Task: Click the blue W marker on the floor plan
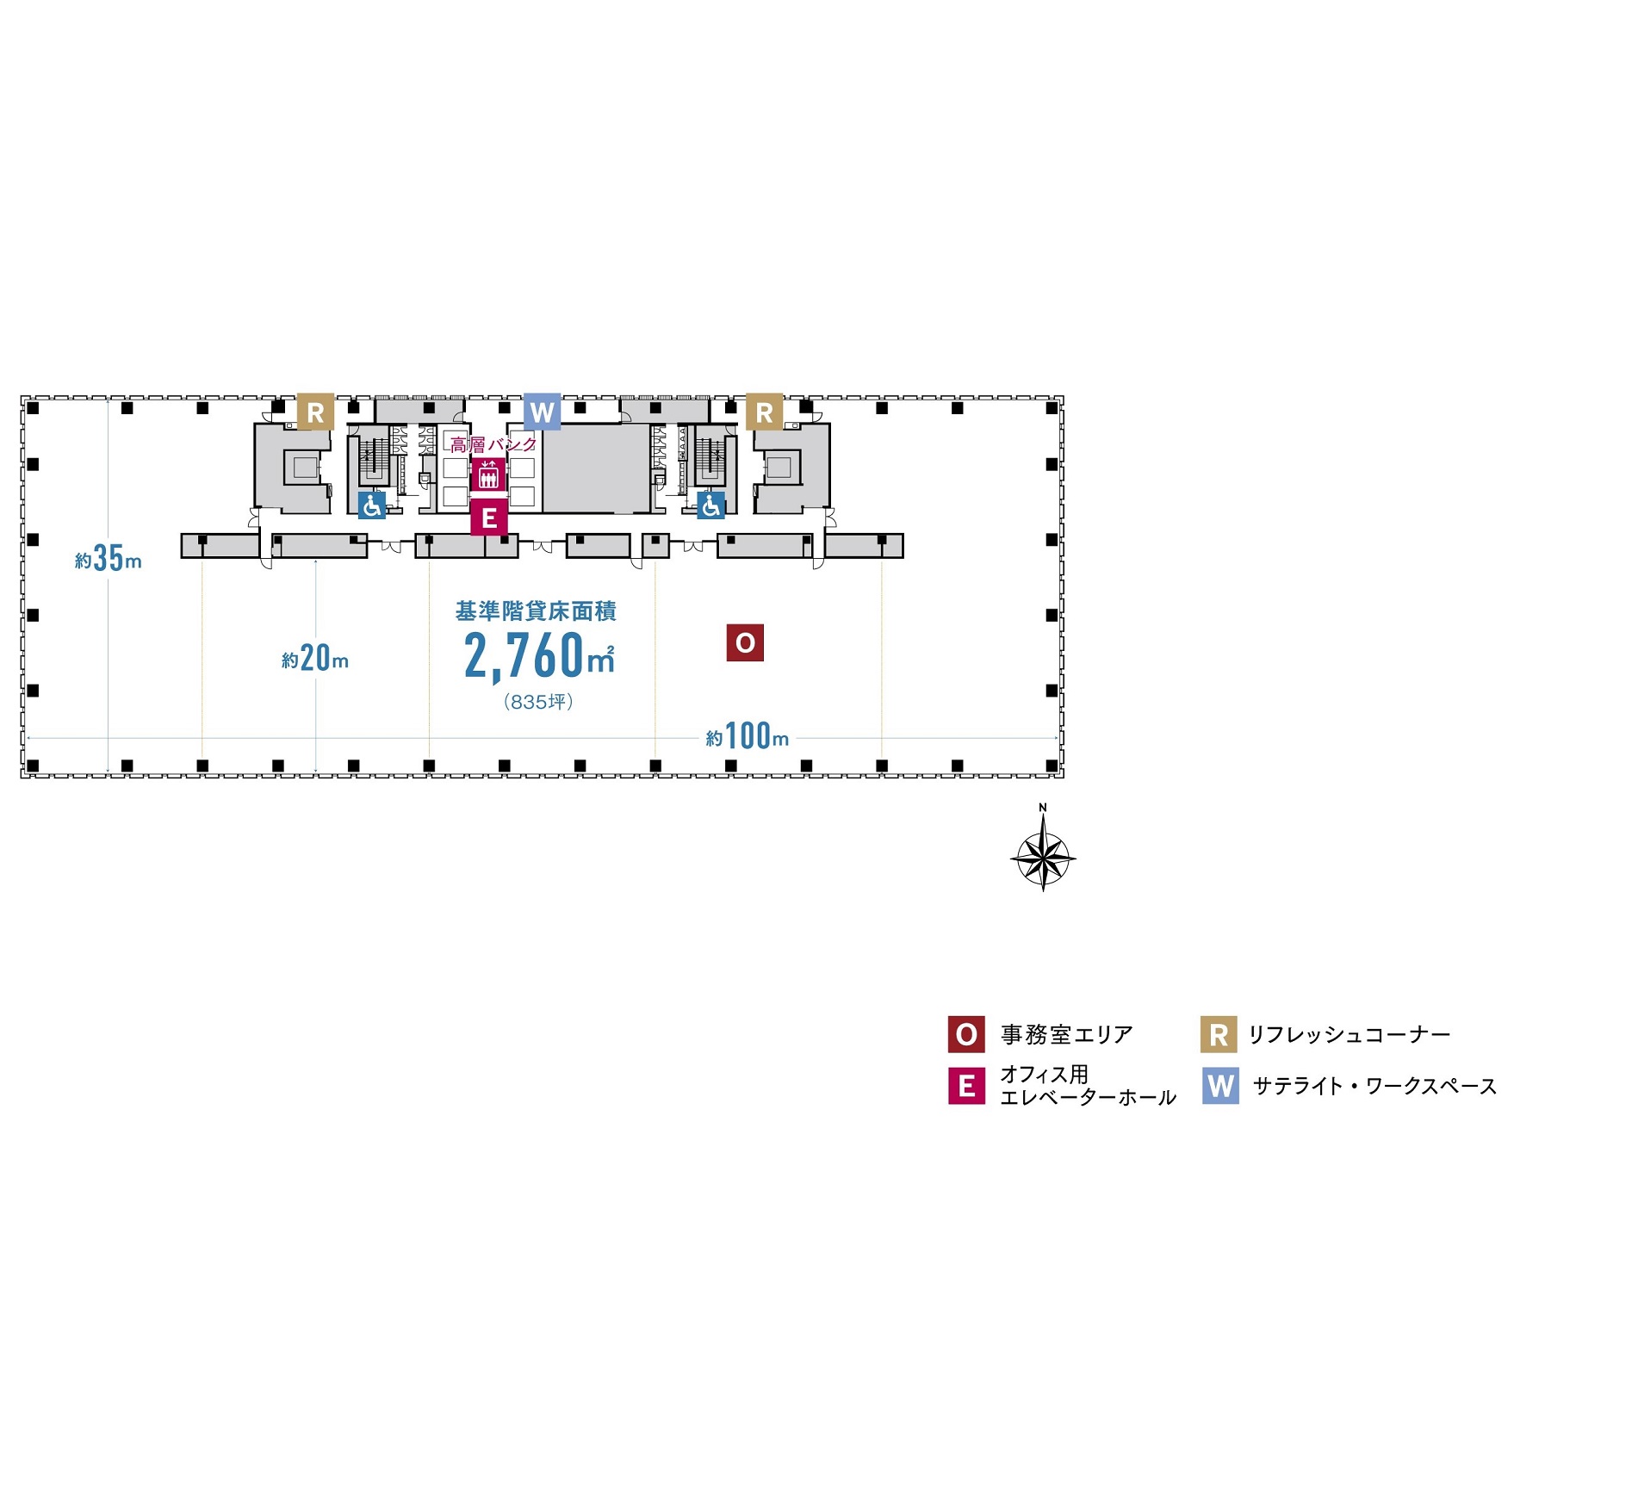point(542,412)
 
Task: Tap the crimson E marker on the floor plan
point(489,518)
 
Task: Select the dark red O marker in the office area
point(745,642)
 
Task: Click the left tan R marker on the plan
point(315,412)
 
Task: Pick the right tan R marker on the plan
point(764,412)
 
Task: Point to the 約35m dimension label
point(109,559)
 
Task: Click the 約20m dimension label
point(315,659)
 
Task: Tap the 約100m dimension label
point(748,736)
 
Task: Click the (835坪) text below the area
point(538,702)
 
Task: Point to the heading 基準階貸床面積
point(536,611)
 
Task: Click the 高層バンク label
point(493,445)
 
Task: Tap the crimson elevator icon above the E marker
point(488,474)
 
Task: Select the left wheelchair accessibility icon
point(372,505)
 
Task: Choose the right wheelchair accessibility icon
point(710,505)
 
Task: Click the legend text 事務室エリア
point(1066,1034)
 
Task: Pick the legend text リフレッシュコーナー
point(1349,1034)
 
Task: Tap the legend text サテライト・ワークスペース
point(1374,1086)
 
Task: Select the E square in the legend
point(966,1086)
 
